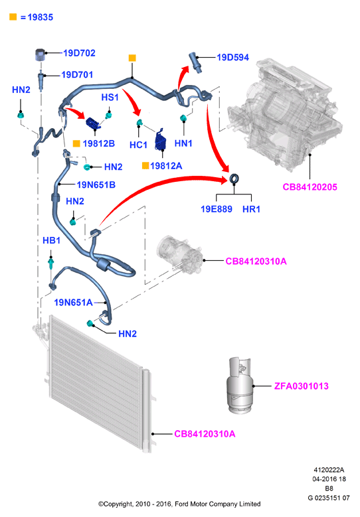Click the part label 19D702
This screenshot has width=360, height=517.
click(x=79, y=53)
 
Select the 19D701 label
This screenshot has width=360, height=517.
click(x=77, y=75)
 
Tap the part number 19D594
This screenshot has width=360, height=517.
click(x=232, y=57)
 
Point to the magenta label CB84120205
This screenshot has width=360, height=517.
click(x=310, y=187)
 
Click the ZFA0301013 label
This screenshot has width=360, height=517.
click(x=302, y=386)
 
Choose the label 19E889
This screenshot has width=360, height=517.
click(x=217, y=209)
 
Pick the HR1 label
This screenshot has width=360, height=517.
click(x=251, y=209)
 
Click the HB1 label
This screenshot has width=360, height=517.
click(x=51, y=240)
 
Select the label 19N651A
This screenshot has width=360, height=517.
click(x=73, y=303)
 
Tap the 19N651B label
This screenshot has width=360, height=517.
click(x=96, y=185)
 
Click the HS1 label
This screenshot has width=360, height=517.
click(x=110, y=98)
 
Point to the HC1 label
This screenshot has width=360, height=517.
click(x=138, y=145)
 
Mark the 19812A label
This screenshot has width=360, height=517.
click(x=166, y=166)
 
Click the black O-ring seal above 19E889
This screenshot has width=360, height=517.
click(x=234, y=179)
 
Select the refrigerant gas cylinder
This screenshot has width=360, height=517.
click(x=240, y=385)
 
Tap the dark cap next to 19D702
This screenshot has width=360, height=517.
click(x=40, y=54)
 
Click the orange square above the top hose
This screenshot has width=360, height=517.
click(x=132, y=58)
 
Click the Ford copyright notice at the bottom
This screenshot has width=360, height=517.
click(x=179, y=504)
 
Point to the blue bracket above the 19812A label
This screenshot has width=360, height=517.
click(x=159, y=139)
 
